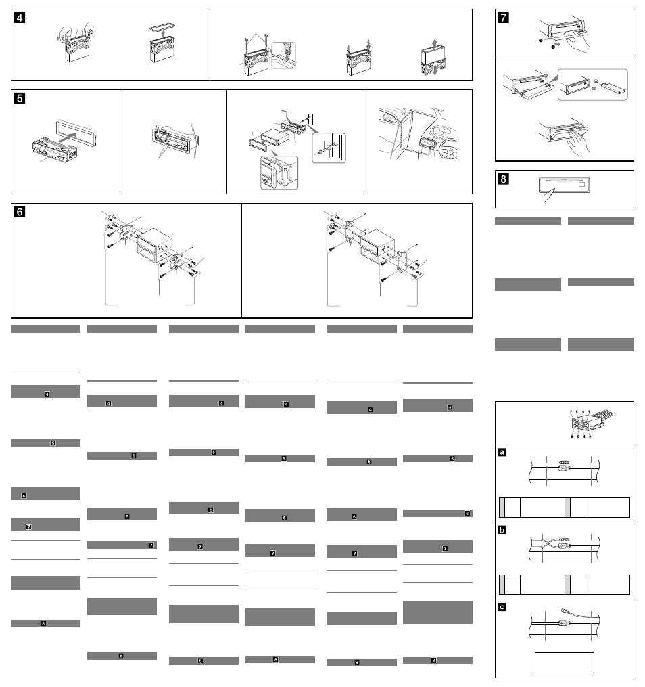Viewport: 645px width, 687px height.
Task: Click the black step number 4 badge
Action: click(20, 18)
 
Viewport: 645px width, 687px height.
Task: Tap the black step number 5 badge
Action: click(20, 98)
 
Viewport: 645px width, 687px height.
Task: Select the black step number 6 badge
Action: click(20, 212)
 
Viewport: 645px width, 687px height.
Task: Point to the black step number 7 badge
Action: click(504, 17)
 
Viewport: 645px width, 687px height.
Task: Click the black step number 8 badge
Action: click(504, 179)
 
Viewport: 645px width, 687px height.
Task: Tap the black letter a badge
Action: click(502, 452)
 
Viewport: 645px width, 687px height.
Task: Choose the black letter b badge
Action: click(502, 530)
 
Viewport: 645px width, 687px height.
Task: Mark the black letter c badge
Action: click(502, 607)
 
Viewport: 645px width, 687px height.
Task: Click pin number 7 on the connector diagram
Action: click(571, 412)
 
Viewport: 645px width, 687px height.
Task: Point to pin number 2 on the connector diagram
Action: click(590, 437)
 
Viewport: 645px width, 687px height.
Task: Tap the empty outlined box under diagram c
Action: click(564, 663)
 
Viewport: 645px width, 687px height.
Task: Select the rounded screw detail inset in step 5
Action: click(329, 148)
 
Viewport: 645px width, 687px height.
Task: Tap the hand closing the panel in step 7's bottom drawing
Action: click(579, 142)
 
